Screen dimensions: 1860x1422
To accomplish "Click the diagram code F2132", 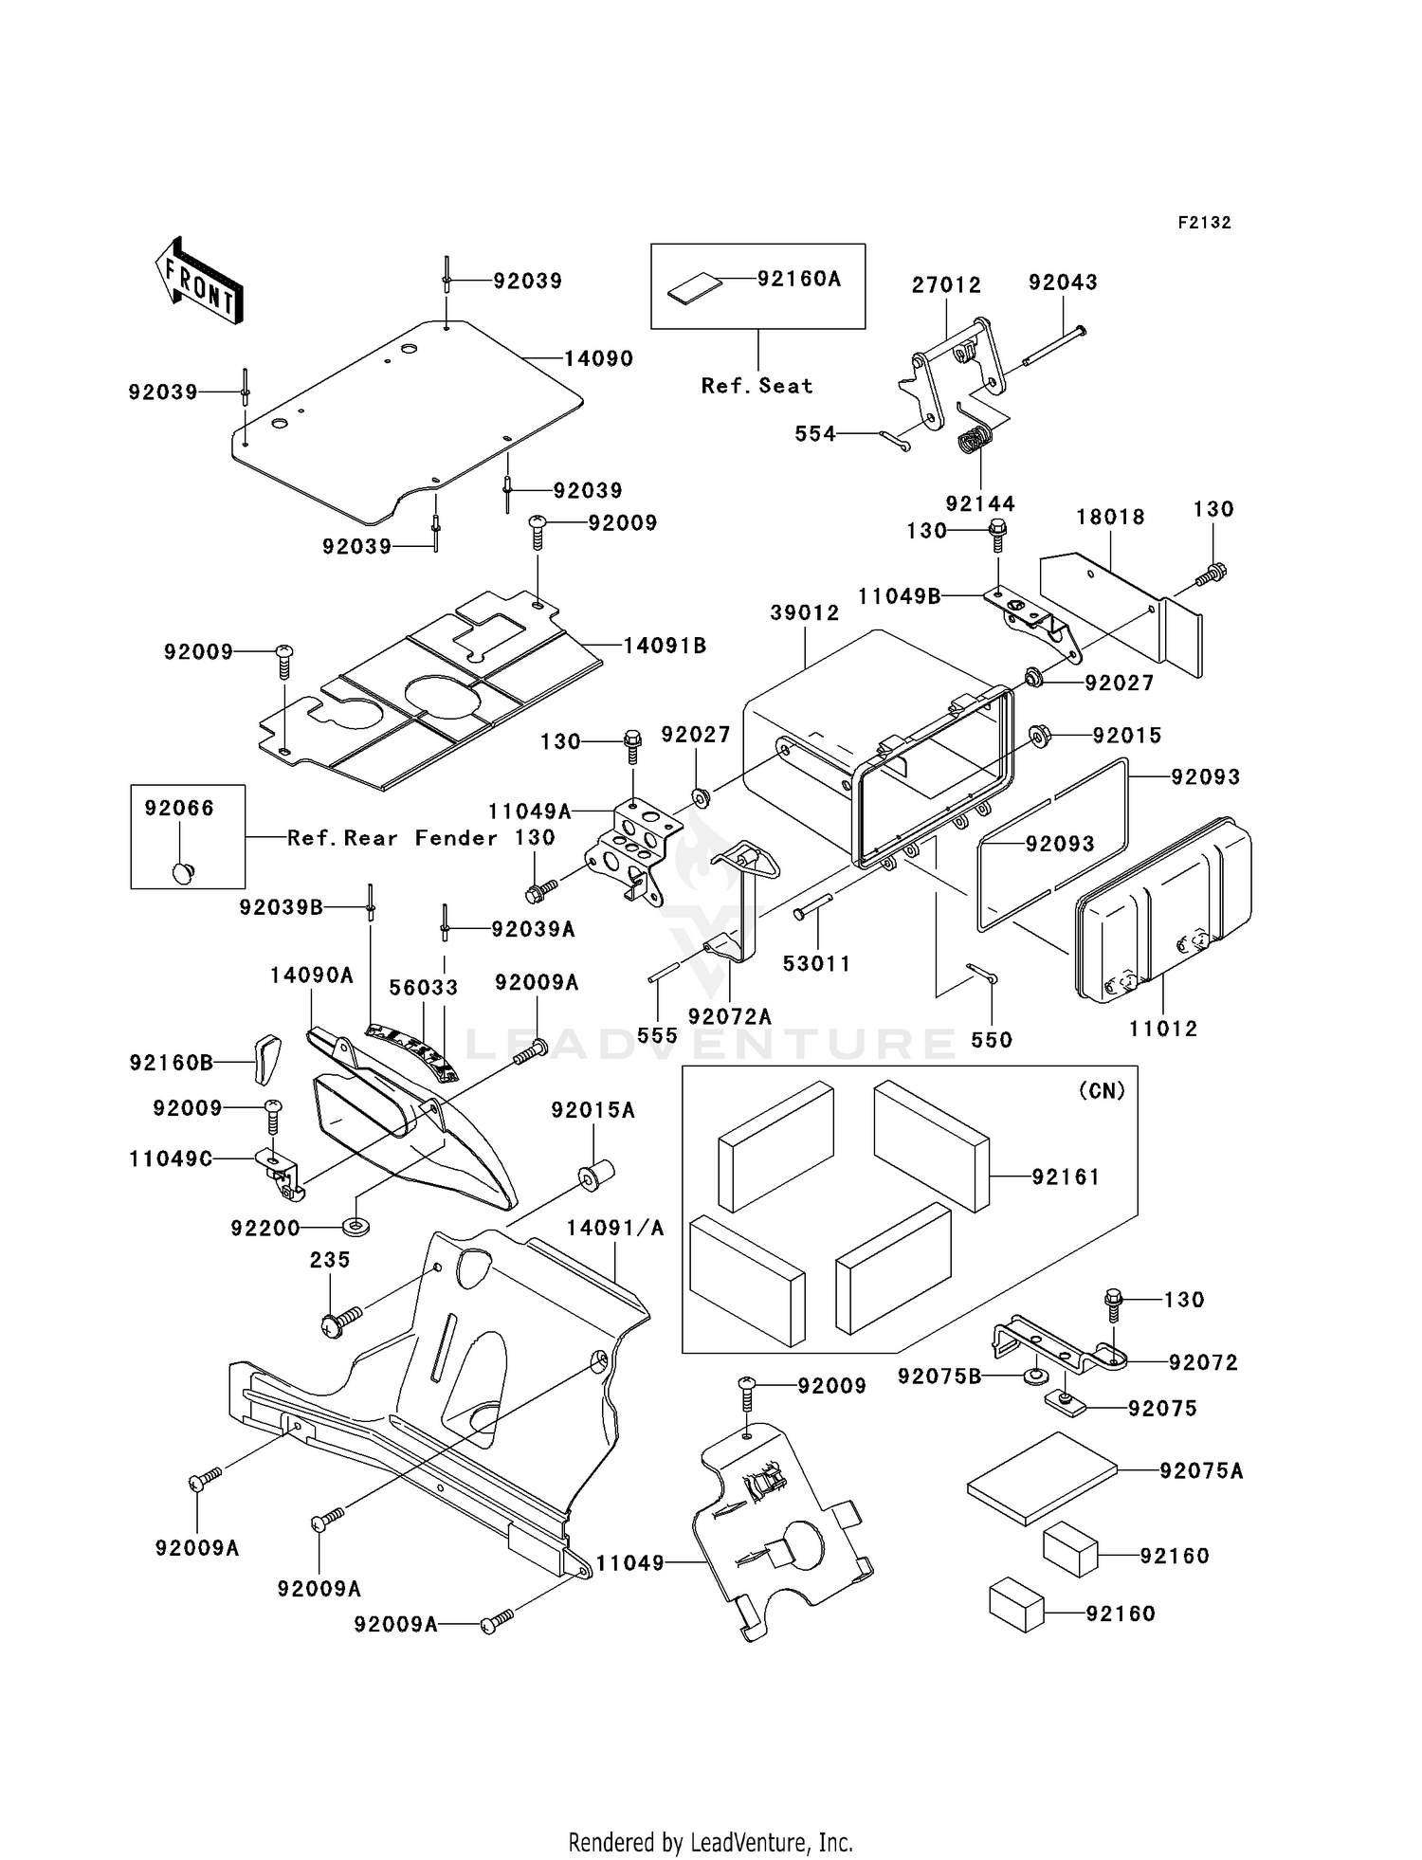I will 1204,223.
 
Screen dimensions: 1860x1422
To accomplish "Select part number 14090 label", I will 598,358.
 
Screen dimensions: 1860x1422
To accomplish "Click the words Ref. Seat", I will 757,386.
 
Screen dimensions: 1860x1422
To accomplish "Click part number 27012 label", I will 946,284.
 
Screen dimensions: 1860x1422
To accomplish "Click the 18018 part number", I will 1110,517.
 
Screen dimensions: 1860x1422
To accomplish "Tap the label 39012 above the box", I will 805,612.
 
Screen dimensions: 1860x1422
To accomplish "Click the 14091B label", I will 665,646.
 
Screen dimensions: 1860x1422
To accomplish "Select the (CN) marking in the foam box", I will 1102,1090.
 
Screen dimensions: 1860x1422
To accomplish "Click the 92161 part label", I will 1066,1176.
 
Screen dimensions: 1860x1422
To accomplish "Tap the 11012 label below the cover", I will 1163,1029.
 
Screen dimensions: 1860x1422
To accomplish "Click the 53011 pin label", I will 816,963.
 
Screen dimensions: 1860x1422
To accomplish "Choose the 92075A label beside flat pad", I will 1201,1470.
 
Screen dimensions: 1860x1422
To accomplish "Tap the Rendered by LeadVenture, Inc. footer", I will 710,1843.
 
